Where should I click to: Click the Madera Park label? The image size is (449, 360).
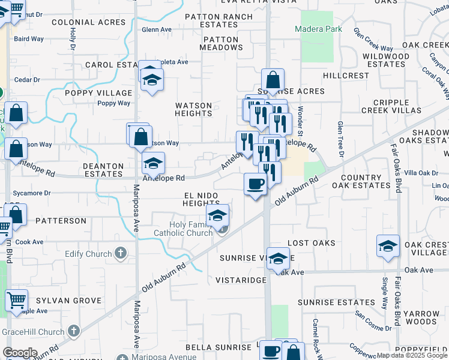[x=316, y=29]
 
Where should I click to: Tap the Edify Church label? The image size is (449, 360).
[x=90, y=254]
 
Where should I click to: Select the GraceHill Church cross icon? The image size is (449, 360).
[x=73, y=331]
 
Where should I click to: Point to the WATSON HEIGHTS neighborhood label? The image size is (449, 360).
[x=193, y=109]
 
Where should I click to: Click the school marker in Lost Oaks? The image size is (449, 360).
[x=388, y=246]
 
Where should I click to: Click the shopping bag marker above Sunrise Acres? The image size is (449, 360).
[x=273, y=80]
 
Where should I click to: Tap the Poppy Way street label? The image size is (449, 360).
[x=114, y=103]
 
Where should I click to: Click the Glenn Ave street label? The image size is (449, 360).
[x=157, y=29]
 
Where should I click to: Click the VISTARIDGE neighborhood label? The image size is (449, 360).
[x=241, y=280]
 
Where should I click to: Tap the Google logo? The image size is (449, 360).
[x=20, y=353]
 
